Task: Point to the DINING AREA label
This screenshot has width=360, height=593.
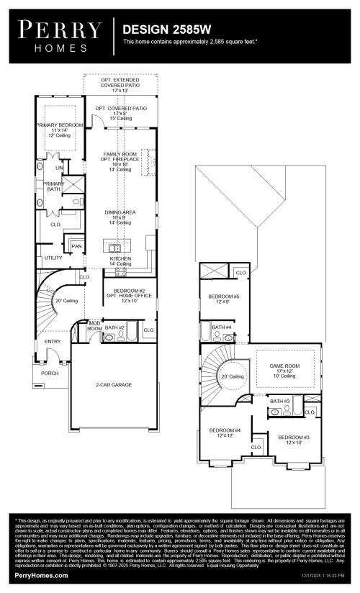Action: [120, 213]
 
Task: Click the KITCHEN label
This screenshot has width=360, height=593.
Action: [120, 258]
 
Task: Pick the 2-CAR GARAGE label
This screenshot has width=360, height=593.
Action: [114, 385]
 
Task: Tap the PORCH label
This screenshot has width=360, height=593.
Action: [50, 373]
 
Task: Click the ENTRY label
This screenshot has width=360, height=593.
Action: [53, 341]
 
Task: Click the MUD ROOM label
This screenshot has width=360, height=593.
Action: [94, 326]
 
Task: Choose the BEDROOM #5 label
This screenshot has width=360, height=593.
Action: [223, 296]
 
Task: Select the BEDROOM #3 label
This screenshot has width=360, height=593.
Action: [293, 437]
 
